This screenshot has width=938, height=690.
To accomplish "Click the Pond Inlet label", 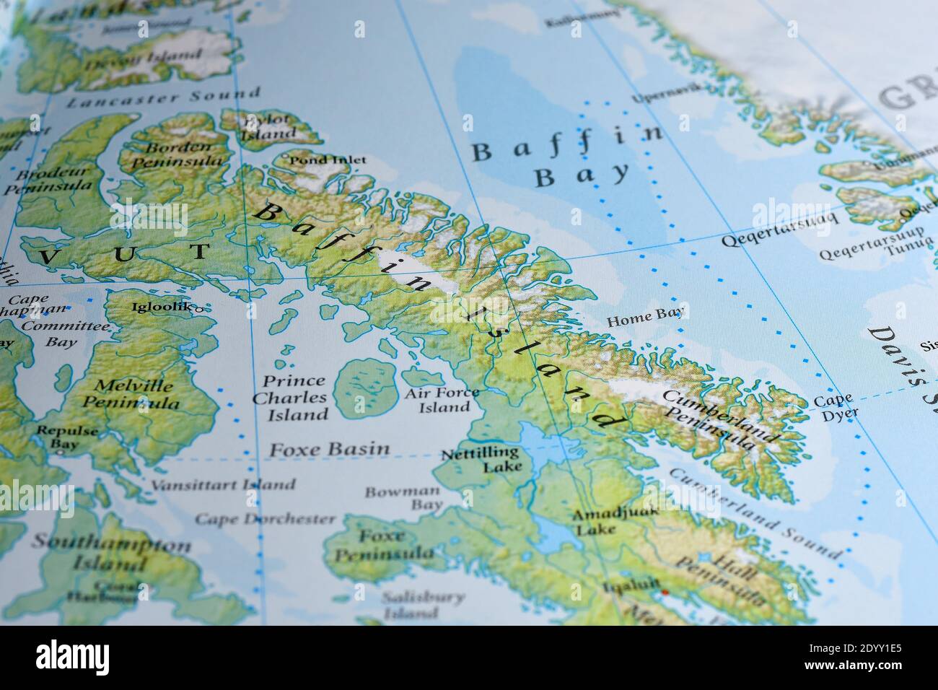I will click(x=328, y=160).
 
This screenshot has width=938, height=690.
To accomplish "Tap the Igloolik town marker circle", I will click(x=199, y=308).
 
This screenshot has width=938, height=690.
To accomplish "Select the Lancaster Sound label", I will click(x=163, y=97).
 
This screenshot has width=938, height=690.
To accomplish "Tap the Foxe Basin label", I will click(x=329, y=449).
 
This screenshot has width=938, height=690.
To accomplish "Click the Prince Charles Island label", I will click(x=294, y=398).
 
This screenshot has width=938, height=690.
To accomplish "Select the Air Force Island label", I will click(x=442, y=400).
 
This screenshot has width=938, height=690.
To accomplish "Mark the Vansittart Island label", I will click(x=222, y=484).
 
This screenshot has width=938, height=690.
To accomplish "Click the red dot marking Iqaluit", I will click(x=665, y=593).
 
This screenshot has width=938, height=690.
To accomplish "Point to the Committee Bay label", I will click(x=63, y=333).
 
